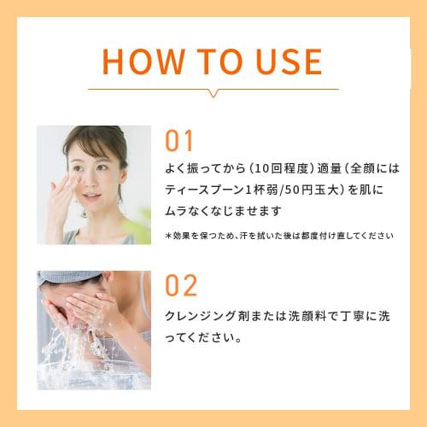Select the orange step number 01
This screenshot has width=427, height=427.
[179, 142]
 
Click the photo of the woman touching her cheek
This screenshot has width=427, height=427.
[93, 184]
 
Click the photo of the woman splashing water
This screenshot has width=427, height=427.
[93, 329]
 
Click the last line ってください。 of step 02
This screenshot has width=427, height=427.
[202, 337]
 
